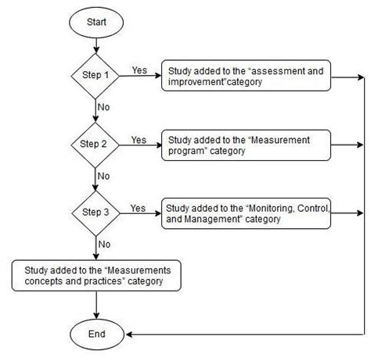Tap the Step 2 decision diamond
tap(95, 145)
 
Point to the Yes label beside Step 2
tap(138, 140)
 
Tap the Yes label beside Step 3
tap(138, 208)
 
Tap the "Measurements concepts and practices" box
tap(95, 275)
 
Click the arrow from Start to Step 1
tap(95, 48)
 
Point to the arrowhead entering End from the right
tap(130, 334)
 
